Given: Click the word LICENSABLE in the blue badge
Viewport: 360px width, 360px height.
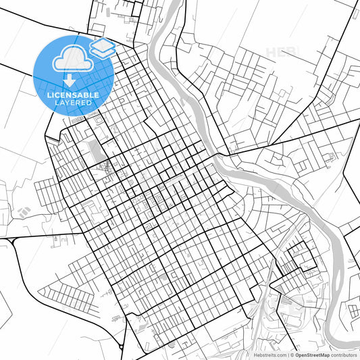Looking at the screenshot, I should [x=73, y=95].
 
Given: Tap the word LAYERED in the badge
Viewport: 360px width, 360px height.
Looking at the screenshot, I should [x=73, y=103].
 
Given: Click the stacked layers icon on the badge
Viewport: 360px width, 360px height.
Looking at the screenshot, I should [x=101, y=49].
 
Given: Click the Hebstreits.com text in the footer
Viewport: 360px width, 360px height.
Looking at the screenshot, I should [x=268, y=355].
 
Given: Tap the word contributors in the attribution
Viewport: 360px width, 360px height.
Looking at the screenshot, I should [x=344, y=355].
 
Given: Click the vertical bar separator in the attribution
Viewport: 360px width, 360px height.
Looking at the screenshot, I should [x=288, y=355].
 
